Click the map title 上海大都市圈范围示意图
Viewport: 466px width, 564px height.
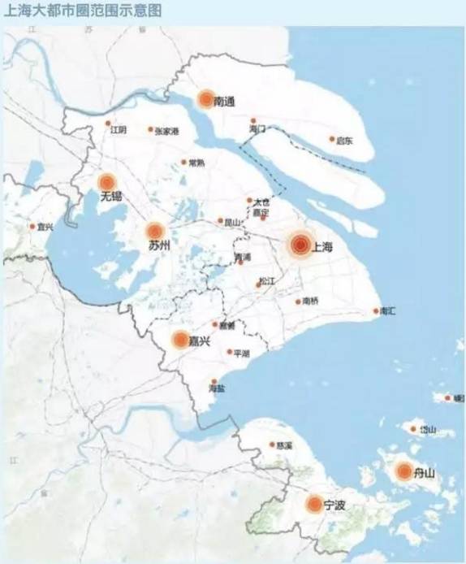tap(84, 11)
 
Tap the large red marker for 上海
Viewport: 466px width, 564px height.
tap(300, 243)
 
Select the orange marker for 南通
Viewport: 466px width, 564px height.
tap(205, 100)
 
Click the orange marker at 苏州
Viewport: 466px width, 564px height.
tap(156, 231)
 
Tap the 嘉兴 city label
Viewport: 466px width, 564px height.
tap(200, 341)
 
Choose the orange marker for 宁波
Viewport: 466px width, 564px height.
tap(314, 505)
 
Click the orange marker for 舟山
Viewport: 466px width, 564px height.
tap(403, 471)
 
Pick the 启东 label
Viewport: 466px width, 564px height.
tap(345, 141)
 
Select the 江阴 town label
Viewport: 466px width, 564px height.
tap(119, 129)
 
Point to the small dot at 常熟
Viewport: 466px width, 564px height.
tap(183, 162)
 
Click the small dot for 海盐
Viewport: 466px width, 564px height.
tap(214, 381)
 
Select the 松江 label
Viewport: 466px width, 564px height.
tap(267, 280)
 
